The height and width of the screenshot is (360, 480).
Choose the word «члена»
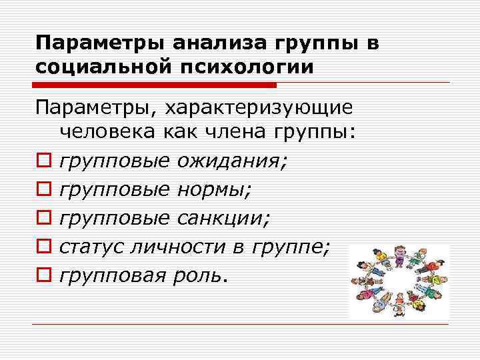click(x=234, y=133)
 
